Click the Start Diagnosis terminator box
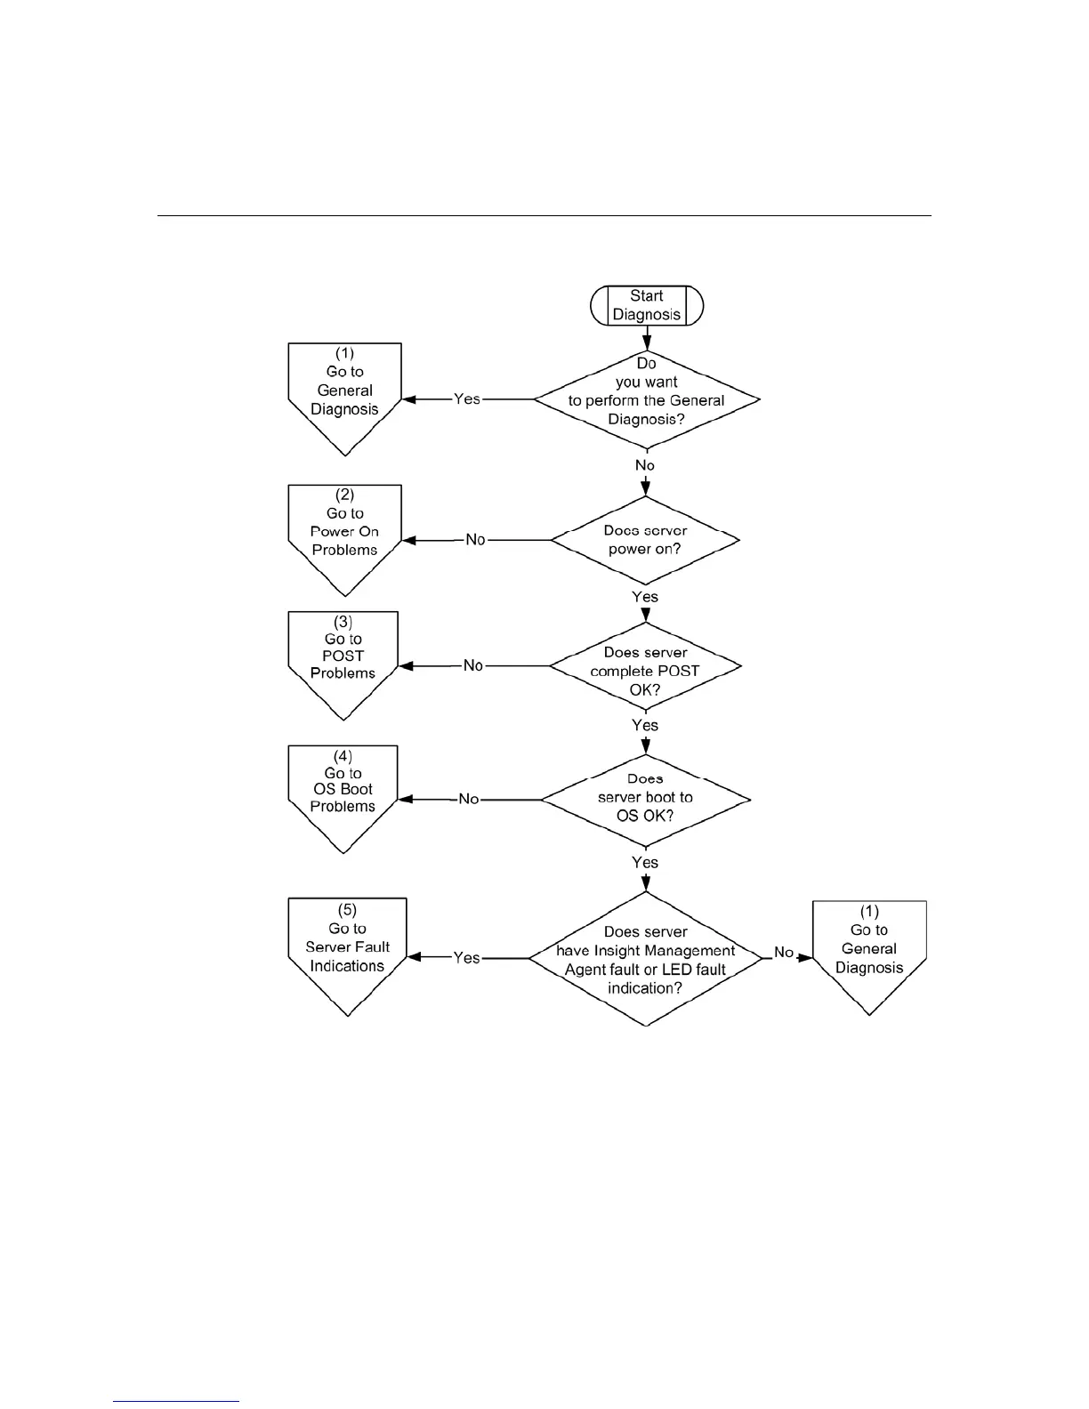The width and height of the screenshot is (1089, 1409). (x=647, y=305)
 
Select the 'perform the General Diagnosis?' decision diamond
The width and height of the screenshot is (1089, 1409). (x=647, y=399)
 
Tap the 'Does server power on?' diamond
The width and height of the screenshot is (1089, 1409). (x=645, y=540)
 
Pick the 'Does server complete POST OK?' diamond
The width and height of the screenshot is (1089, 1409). (x=645, y=667)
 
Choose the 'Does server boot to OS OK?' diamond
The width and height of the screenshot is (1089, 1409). (x=645, y=798)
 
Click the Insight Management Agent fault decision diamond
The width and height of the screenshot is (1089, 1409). (x=645, y=959)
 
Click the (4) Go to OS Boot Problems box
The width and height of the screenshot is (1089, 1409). (x=343, y=791)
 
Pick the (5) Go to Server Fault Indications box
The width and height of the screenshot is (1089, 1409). (x=347, y=948)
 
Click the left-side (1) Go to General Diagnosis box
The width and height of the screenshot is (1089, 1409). (x=344, y=391)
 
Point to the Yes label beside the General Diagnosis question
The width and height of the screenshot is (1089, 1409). (x=467, y=399)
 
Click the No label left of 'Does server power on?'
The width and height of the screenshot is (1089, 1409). (x=475, y=540)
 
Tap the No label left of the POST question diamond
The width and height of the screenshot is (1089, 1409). (x=473, y=665)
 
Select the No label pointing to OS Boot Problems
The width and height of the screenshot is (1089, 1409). (x=469, y=799)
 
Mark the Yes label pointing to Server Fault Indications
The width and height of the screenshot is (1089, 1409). (x=467, y=958)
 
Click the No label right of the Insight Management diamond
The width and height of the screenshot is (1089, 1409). (x=783, y=953)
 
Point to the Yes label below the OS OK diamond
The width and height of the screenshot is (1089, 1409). (x=645, y=862)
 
